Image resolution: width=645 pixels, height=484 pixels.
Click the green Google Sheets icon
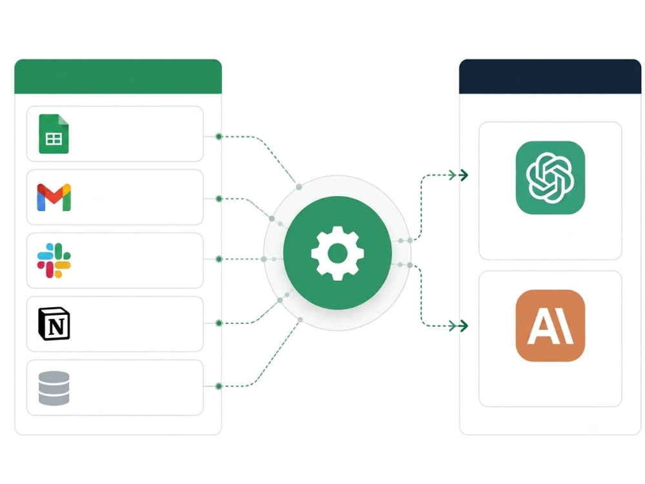tap(54, 134)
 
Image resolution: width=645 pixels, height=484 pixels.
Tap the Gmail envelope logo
tap(54, 197)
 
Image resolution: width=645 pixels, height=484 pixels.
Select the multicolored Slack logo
tap(54, 261)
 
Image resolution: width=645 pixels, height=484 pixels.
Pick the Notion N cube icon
tap(54, 323)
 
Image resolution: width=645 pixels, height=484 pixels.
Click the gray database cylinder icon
tap(54, 388)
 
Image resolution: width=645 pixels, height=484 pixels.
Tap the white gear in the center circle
tap(338, 253)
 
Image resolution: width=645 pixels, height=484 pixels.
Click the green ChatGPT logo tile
tap(550, 178)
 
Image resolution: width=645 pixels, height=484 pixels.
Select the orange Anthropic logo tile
tap(550, 325)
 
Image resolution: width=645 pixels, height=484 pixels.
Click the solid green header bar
tap(118, 77)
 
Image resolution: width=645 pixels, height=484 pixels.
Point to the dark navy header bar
tap(550, 77)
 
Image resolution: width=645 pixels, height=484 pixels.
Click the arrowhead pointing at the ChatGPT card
tap(464, 176)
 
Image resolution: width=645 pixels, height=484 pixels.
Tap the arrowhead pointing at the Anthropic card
tap(464, 326)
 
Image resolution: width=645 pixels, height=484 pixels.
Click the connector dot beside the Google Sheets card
tap(219, 136)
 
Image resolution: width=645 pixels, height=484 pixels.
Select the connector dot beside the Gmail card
tap(219, 199)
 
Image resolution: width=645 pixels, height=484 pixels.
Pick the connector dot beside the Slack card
tap(219, 259)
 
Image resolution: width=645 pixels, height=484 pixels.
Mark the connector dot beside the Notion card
tap(219, 323)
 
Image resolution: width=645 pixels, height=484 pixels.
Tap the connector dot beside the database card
tap(219, 386)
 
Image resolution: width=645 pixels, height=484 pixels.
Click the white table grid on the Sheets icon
tap(54, 139)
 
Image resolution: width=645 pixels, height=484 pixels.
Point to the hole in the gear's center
tap(338, 253)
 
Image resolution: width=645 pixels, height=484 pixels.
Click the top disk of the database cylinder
tap(54, 376)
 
